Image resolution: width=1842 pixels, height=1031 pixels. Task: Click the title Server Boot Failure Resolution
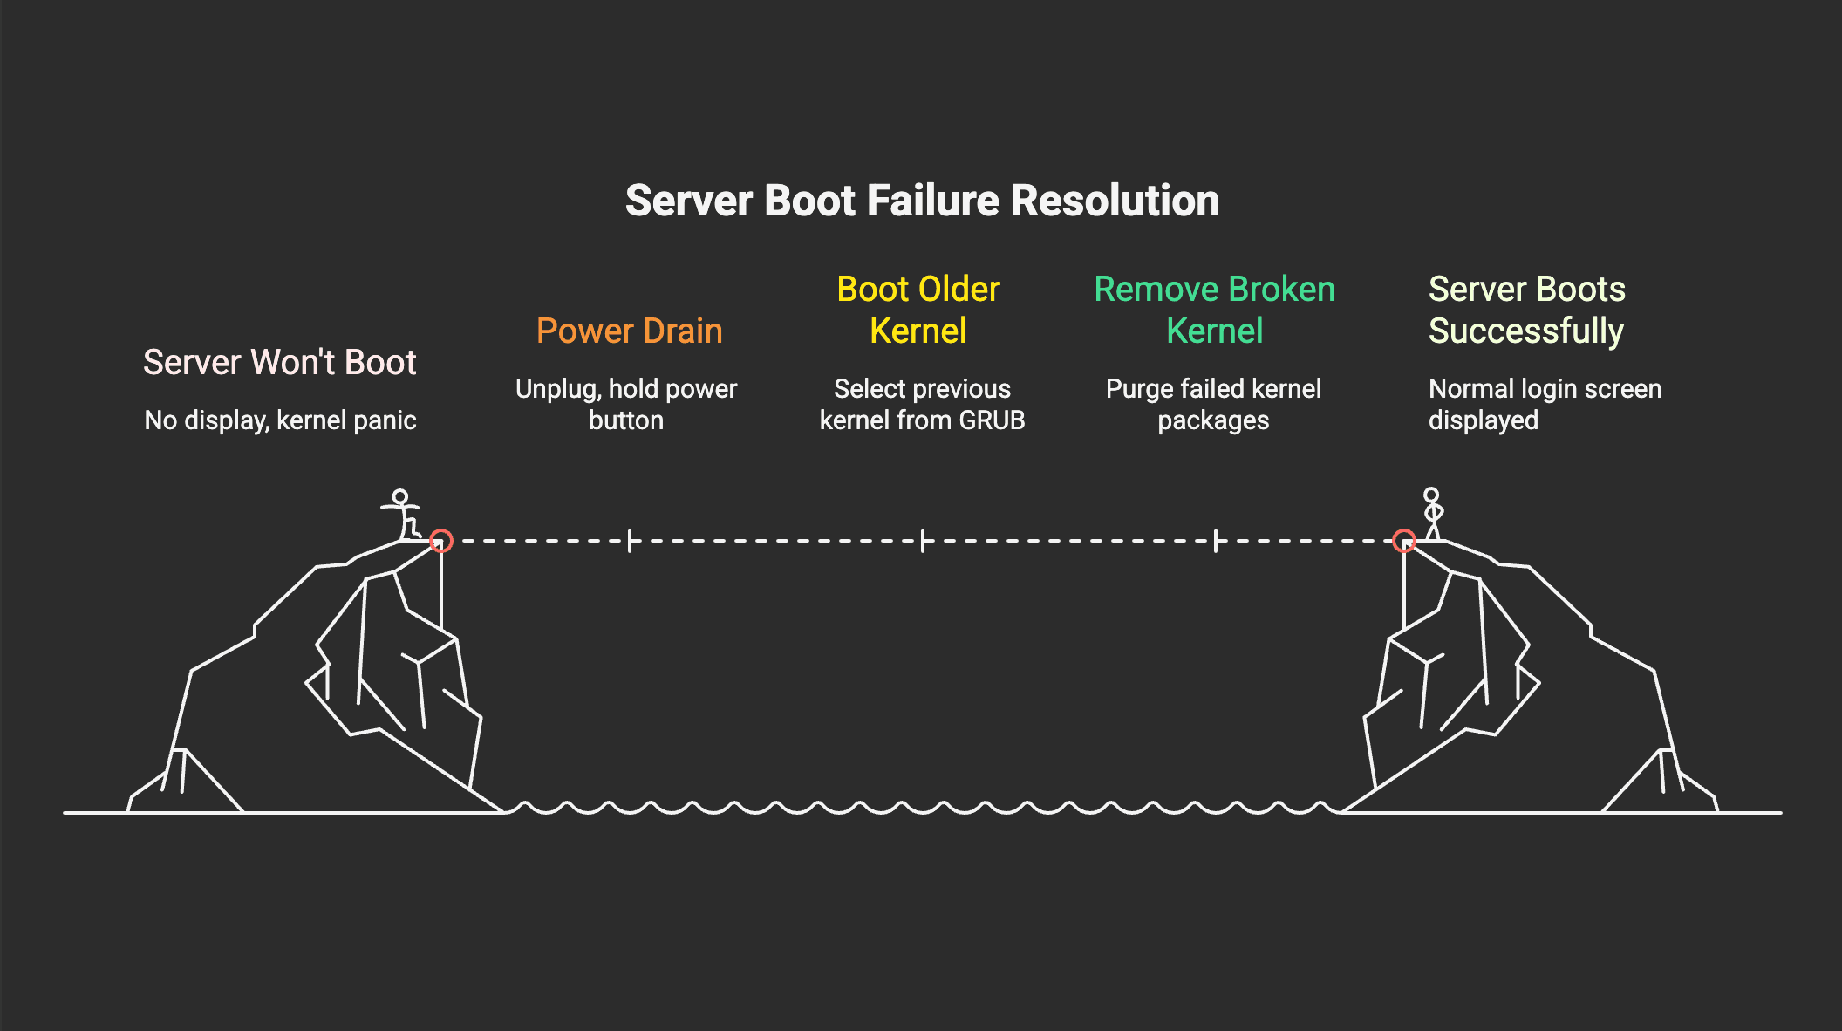click(922, 201)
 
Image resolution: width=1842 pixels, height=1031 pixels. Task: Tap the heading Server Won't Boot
click(279, 362)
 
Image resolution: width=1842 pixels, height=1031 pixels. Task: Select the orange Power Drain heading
click(629, 331)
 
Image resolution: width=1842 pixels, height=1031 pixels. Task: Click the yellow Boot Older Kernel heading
click(918, 310)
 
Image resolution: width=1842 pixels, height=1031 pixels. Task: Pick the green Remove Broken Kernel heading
click(1214, 310)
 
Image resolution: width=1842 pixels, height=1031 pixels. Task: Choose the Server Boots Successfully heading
click(1526, 310)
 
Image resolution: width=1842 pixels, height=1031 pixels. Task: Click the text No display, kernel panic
click(279, 420)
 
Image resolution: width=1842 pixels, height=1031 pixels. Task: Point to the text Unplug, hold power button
click(626, 404)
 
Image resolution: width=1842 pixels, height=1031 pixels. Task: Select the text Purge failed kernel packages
click(1213, 404)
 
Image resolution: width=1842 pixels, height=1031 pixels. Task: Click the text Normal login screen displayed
click(1544, 404)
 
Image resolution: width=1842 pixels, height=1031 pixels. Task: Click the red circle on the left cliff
click(441, 541)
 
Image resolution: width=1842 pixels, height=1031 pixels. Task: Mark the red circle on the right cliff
click(1403, 541)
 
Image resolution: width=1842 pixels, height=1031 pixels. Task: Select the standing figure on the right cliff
click(1432, 515)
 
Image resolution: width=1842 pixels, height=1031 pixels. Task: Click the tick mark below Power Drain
click(630, 541)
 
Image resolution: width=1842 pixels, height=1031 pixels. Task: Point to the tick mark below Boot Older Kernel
click(923, 541)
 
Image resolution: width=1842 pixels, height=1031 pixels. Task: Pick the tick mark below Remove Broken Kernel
click(1216, 541)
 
